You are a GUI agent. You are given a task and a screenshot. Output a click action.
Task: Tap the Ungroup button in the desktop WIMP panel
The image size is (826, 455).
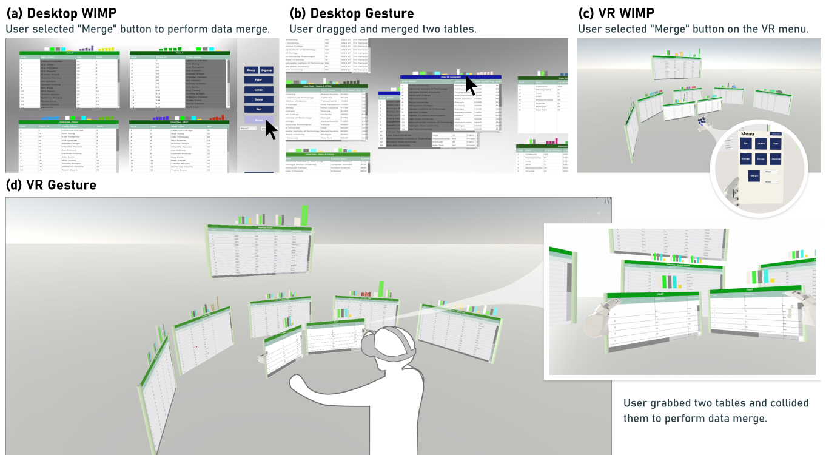[266, 70]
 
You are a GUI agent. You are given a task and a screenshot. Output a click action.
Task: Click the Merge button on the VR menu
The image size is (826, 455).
[754, 176]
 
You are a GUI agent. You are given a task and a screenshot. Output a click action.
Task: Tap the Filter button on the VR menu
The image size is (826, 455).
[775, 144]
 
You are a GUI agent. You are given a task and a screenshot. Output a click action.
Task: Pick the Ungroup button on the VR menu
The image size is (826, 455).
[775, 159]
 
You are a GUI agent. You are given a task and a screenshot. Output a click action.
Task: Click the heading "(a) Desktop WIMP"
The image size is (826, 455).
[61, 13]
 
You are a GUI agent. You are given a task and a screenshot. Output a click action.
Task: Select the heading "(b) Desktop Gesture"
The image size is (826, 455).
[352, 13]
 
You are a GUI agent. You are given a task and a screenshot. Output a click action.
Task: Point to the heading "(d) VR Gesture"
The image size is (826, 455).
[51, 185]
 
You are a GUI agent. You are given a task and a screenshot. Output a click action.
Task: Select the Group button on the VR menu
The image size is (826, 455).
[761, 159]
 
